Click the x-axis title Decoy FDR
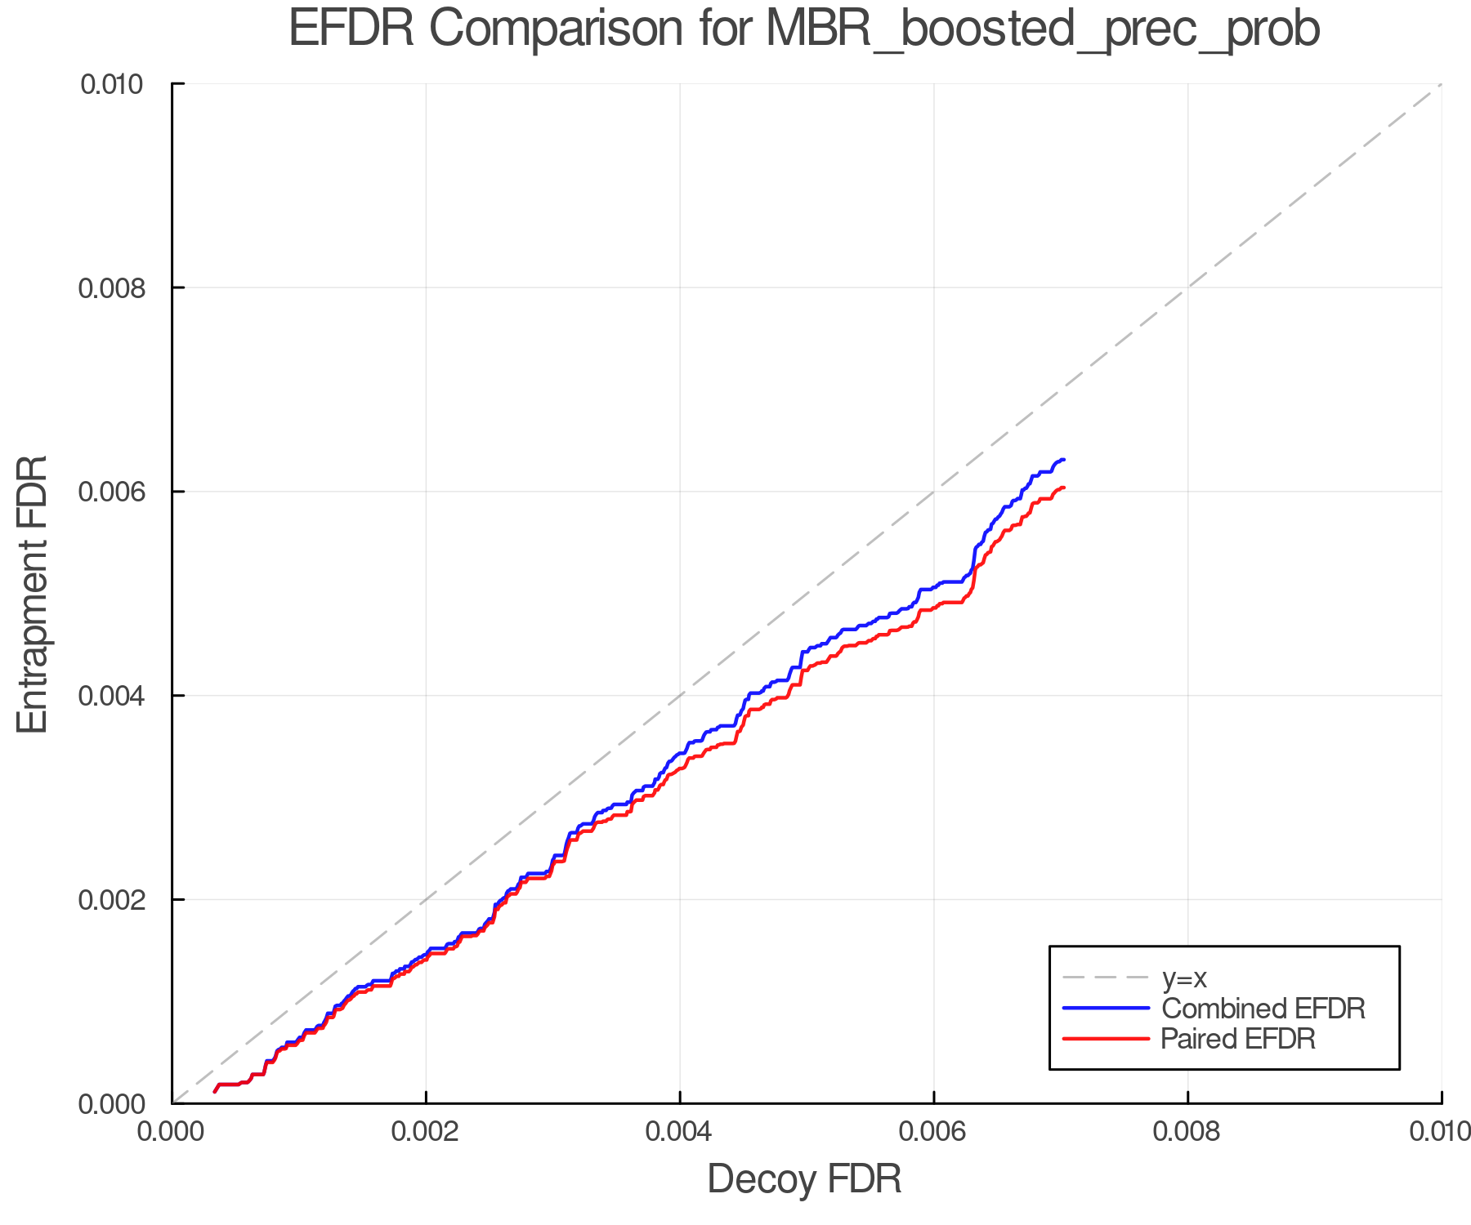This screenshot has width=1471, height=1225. [804, 1179]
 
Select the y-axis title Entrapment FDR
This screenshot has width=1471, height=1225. [33, 594]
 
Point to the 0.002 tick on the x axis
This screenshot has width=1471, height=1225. [426, 1132]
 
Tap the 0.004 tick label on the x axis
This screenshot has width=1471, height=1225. [680, 1132]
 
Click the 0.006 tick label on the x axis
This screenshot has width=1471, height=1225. [933, 1132]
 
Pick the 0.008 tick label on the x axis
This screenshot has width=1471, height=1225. [1187, 1132]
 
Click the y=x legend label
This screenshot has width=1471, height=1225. [1184, 978]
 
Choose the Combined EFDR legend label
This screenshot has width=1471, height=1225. [1263, 1009]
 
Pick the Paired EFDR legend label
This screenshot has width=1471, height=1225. [1238, 1039]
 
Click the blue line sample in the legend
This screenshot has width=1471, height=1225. [1106, 1009]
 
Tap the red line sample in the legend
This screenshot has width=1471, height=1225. [1106, 1039]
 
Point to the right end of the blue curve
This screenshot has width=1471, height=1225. [1063, 460]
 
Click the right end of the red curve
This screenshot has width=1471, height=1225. [1063, 488]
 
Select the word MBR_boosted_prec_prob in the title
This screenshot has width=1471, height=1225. [1043, 30]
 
